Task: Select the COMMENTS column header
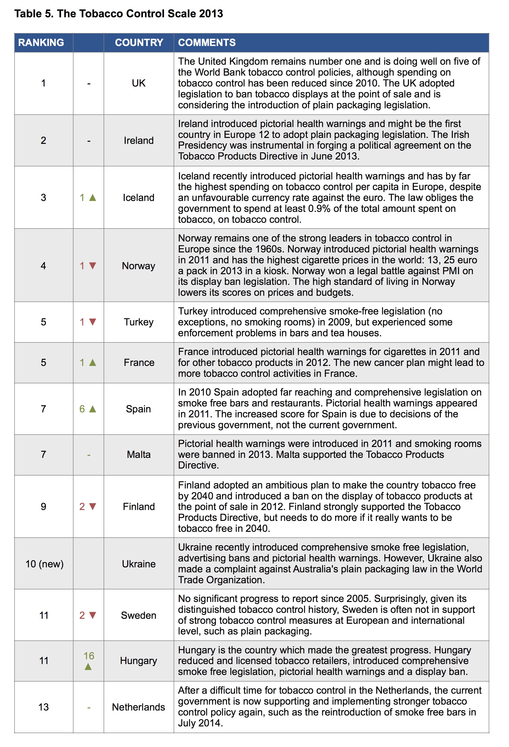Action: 206,42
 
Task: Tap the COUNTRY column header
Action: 139,42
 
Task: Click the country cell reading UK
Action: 139,83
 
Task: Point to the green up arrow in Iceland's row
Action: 93,197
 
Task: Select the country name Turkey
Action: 139,322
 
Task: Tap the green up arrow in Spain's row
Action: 93,409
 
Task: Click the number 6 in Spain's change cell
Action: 82,409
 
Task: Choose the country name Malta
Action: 139,455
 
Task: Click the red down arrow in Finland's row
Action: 93,507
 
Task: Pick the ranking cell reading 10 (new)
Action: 44,564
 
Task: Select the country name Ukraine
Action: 139,564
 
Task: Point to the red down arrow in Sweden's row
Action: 93,615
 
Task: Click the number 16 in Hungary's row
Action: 89,656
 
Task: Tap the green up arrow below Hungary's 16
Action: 88,667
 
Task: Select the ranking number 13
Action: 43,707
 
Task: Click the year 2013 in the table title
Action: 211,14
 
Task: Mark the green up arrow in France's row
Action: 93,363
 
